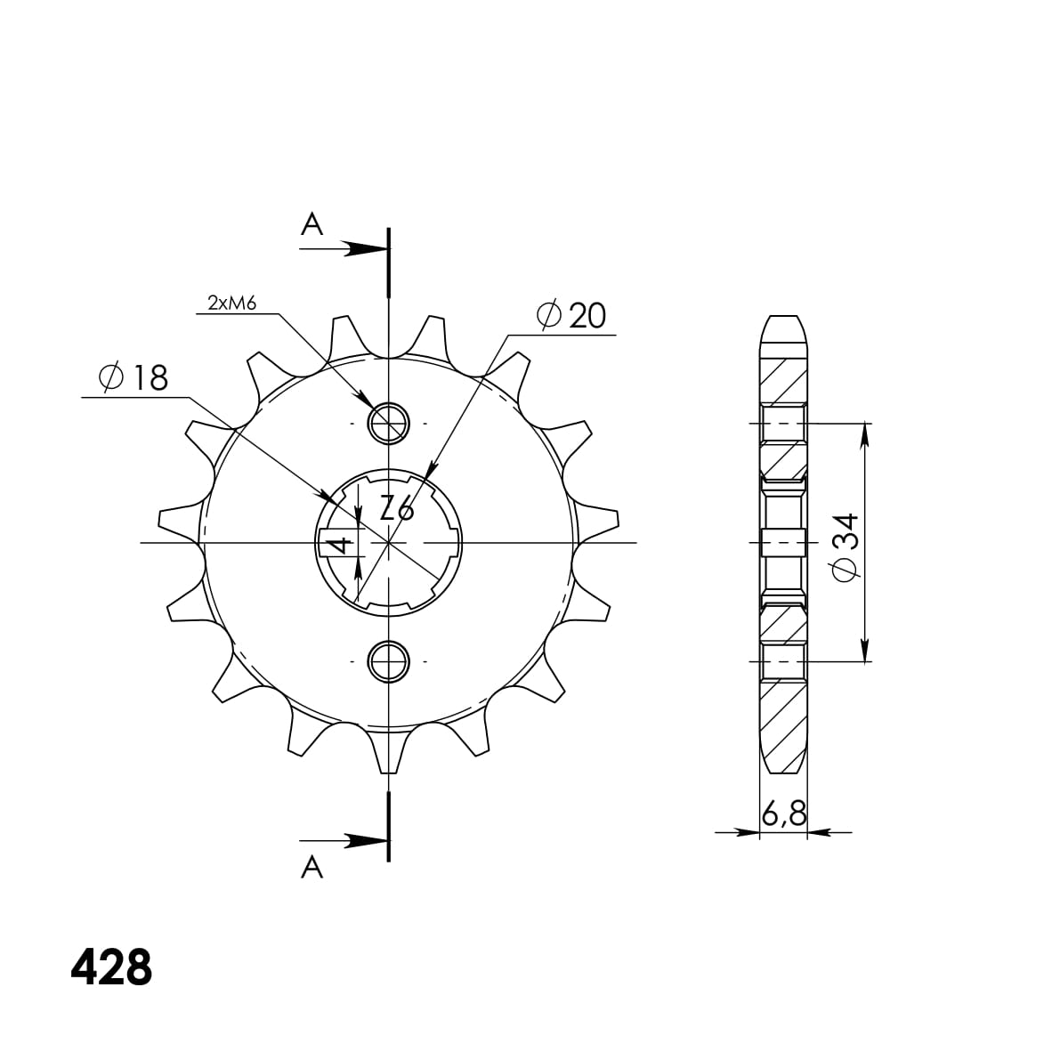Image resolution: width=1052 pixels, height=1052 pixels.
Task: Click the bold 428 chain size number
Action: click(x=111, y=967)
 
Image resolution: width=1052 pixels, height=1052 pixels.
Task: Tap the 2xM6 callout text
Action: click(x=231, y=303)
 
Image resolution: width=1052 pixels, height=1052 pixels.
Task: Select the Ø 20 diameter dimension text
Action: click(x=571, y=315)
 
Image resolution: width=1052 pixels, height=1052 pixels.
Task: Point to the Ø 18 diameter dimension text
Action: click(x=133, y=377)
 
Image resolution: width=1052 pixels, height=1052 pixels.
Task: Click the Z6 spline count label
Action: click(x=397, y=508)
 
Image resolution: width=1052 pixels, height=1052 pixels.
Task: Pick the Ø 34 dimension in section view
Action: click(x=845, y=546)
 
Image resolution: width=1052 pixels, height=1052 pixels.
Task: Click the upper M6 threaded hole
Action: click(x=388, y=424)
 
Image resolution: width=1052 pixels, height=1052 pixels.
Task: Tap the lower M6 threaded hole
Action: click(x=388, y=661)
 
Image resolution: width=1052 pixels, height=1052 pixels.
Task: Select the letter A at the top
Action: click(x=312, y=224)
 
